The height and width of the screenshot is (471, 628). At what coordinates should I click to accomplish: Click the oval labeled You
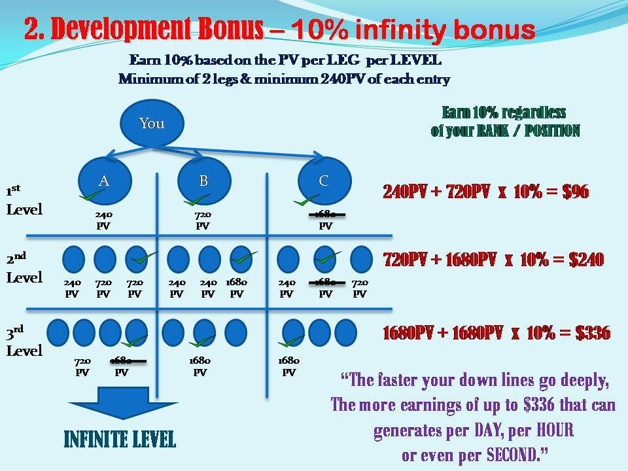pos(152,124)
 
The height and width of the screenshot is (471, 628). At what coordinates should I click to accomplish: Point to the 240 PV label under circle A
pos(103,220)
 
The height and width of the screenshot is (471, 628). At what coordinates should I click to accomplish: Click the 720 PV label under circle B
pos(203,220)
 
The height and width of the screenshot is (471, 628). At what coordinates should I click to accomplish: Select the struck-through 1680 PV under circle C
pos(325,220)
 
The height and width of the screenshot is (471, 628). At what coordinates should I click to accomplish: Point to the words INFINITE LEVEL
pos(120,439)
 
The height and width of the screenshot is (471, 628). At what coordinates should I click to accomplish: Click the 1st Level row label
pos(24,201)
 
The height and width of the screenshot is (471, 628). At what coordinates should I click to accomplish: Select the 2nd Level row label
pos(24,270)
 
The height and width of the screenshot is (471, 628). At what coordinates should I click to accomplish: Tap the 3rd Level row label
pos(24,343)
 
